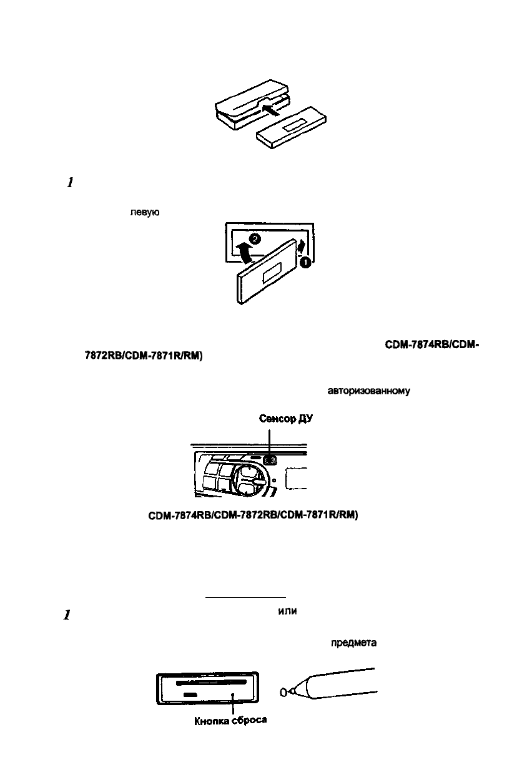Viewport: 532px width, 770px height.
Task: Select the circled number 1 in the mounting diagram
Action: click(307, 263)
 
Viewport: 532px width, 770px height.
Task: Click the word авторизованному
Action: click(368, 392)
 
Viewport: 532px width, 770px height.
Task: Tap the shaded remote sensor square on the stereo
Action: click(270, 460)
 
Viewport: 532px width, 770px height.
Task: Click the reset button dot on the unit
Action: click(233, 693)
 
